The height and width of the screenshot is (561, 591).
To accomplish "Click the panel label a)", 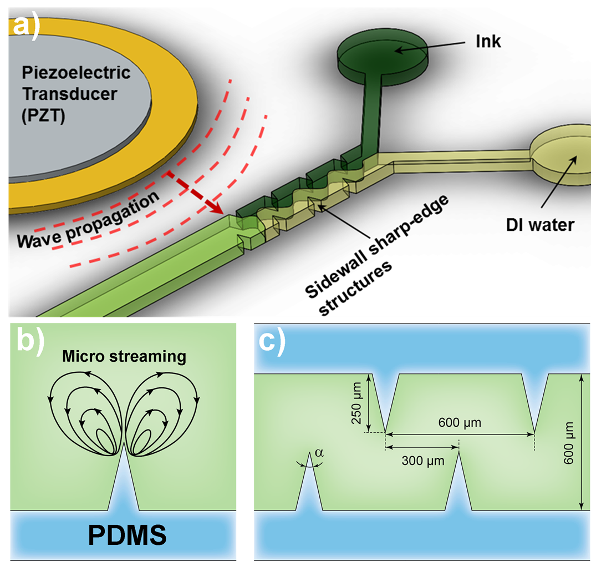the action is pos(26,27).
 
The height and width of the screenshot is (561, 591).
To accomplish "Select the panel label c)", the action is pos(272,342).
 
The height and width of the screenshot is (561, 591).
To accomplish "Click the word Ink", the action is pos(488,41).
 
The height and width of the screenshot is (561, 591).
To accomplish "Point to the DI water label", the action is pos(540,225).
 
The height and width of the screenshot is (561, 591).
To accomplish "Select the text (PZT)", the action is pos(43,115).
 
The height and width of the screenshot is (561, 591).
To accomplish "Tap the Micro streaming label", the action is pos(124,356).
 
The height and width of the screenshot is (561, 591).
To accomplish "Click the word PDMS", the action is pos(128,535).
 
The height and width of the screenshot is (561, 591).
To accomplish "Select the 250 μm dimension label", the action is pos(356,403).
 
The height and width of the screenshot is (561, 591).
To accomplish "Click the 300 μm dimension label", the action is pos(423,461).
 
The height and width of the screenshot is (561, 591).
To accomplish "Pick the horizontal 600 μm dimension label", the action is pos(460,422).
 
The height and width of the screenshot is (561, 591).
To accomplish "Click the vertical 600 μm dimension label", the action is pos(568,443).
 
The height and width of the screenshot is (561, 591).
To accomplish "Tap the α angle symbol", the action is pos(319,453).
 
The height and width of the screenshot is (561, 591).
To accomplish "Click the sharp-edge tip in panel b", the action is pos(124,444).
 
